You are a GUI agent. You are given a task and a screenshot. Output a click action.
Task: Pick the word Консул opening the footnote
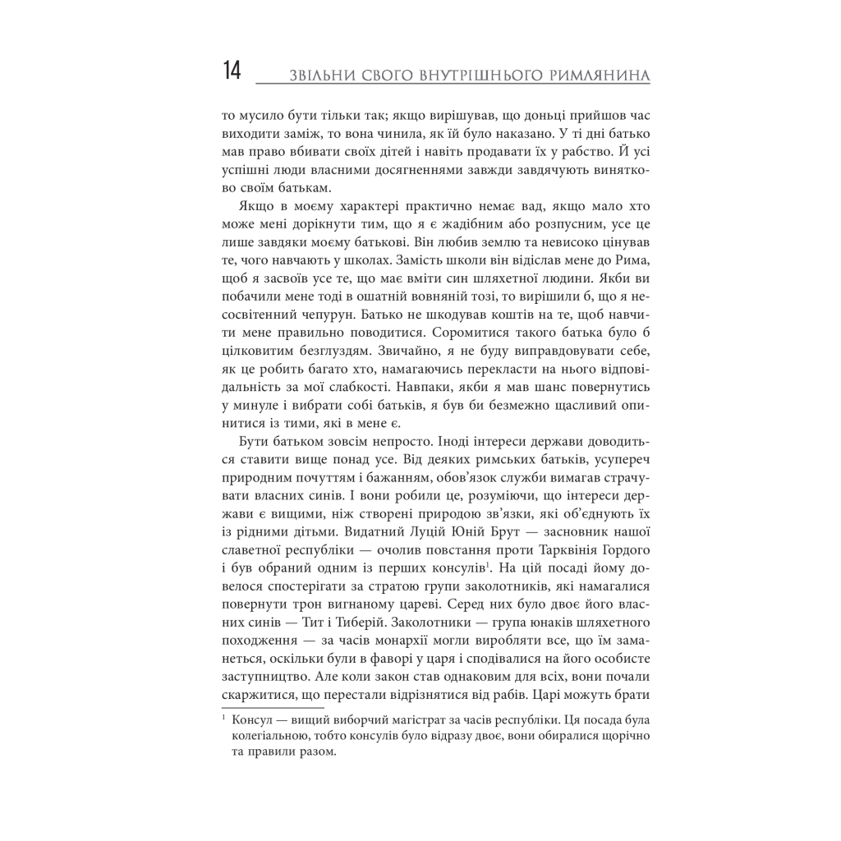coord(255,721)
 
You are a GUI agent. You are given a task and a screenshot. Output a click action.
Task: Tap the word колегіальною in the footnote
coord(272,738)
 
